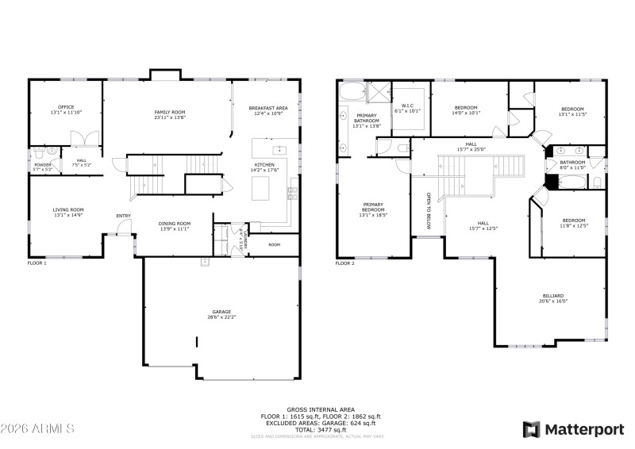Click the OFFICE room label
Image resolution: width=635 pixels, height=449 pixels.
coord(66,107)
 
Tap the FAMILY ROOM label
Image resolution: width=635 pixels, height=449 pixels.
coord(169,113)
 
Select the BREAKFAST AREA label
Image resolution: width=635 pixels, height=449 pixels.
coord(266,108)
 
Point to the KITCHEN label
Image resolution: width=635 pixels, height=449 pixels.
coord(264,164)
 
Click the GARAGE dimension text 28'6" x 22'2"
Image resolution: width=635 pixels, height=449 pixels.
coord(221,317)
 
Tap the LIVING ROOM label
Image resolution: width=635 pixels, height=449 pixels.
coord(67,209)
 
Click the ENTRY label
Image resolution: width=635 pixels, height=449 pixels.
coord(124,216)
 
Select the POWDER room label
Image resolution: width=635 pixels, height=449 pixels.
coord(42,165)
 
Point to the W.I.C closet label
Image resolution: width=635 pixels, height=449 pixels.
coord(408,106)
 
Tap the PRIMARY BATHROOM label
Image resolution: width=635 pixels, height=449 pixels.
coord(367,118)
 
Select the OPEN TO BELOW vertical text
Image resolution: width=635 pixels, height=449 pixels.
coord(429,210)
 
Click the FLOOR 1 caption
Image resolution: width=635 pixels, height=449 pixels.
coord(37,263)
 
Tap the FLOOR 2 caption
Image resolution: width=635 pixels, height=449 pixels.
coord(345,263)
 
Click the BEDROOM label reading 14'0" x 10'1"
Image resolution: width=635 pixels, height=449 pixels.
coord(466,108)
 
